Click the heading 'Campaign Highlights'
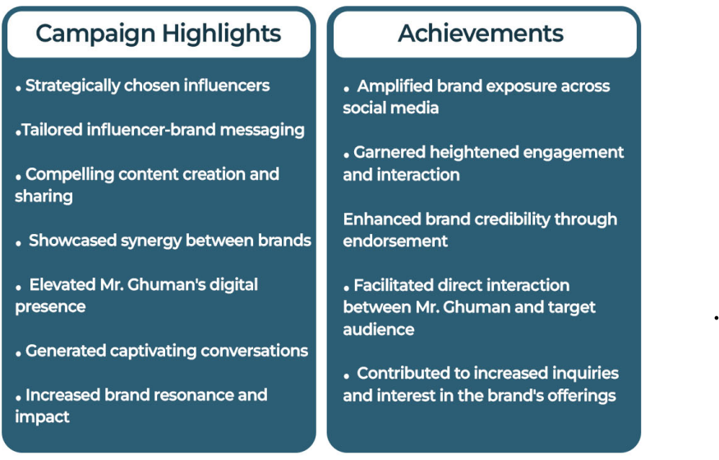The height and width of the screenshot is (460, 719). pyautogui.click(x=159, y=34)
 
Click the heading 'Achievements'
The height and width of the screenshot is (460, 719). pyautogui.click(x=481, y=34)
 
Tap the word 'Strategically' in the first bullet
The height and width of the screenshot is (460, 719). pyautogui.click(x=72, y=86)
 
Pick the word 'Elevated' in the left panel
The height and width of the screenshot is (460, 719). pyautogui.click(x=62, y=284)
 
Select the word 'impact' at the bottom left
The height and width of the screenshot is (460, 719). pyautogui.click(x=42, y=417)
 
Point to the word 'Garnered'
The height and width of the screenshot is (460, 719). pyautogui.click(x=389, y=152)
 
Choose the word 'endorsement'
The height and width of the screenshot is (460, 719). pyautogui.click(x=395, y=241)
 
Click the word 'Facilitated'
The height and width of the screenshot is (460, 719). pyautogui.click(x=394, y=285)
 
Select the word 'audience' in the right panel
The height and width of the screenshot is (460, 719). pyautogui.click(x=379, y=329)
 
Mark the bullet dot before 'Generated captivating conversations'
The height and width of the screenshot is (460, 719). pyautogui.click(x=18, y=354)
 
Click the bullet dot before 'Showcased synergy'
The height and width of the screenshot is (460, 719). pyautogui.click(x=18, y=244)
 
